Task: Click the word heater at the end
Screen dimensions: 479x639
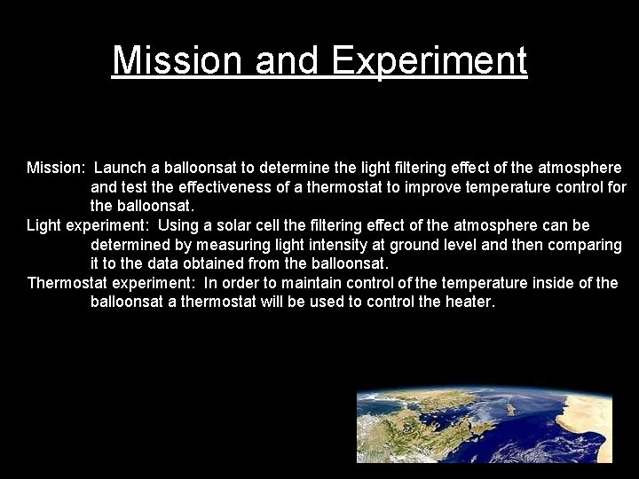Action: point(469,302)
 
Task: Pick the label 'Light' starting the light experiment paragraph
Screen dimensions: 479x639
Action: point(44,225)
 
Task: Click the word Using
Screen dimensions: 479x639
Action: point(177,225)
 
